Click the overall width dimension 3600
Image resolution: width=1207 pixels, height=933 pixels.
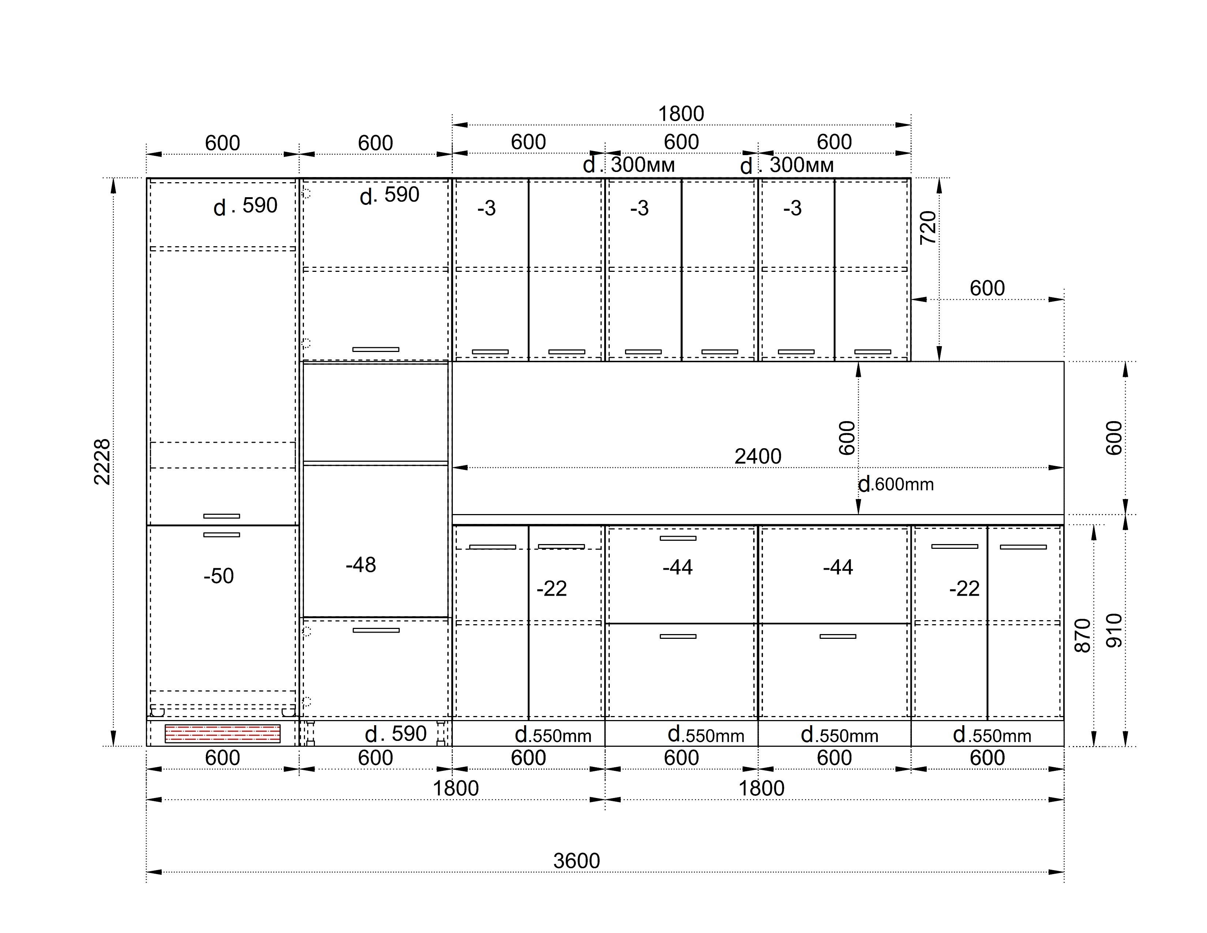pos(576,861)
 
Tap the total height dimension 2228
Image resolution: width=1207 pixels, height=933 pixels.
pos(102,462)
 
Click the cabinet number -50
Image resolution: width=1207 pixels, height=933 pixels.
pos(219,576)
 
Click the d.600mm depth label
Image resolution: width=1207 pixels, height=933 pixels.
pos(896,484)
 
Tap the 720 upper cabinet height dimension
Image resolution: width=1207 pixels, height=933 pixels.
pos(928,227)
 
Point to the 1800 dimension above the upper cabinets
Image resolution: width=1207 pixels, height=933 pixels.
pos(681,114)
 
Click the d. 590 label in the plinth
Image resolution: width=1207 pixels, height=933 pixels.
pos(396,734)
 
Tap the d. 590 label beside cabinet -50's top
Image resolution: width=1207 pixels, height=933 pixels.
pos(245,206)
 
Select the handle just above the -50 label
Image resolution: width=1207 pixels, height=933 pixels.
pos(222,535)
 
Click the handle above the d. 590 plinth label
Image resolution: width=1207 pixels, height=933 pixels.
pos(376,630)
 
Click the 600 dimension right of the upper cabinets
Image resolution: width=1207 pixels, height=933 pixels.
pos(987,288)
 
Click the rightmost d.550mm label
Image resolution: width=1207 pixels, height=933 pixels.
pos(992,735)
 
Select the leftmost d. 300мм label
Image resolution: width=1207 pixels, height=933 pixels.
pos(629,165)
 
